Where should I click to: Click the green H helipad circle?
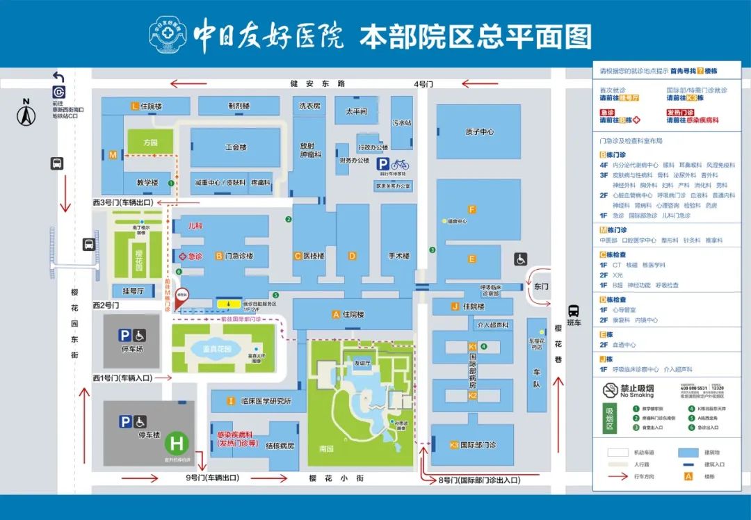pyautogui.click(x=177, y=443)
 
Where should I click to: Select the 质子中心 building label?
pyautogui.click(x=479, y=131)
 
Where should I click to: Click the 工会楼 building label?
pyautogui.click(x=236, y=147)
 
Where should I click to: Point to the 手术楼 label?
pyautogui.click(x=398, y=256)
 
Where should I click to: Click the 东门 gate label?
pyautogui.click(x=542, y=285)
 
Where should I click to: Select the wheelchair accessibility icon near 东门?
pyautogui.click(x=521, y=259)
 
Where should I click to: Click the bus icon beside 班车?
pyautogui.click(x=574, y=311)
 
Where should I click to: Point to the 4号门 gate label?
pyautogui.click(x=423, y=84)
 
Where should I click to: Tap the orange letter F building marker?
pyautogui.click(x=472, y=209)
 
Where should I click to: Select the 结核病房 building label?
pyautogui.click(x=281, y=446)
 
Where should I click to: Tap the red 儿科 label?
pyautogui.click(x=195, y=226)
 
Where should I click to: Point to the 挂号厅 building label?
pyautogui.click(x=133, y=291)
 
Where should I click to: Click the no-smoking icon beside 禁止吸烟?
pyautogui.click(x=610, y=391)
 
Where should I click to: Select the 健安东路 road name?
pyautogui.click(x=318, y=84)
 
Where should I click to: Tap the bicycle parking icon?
pyautogui.click(x=400, y=165)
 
